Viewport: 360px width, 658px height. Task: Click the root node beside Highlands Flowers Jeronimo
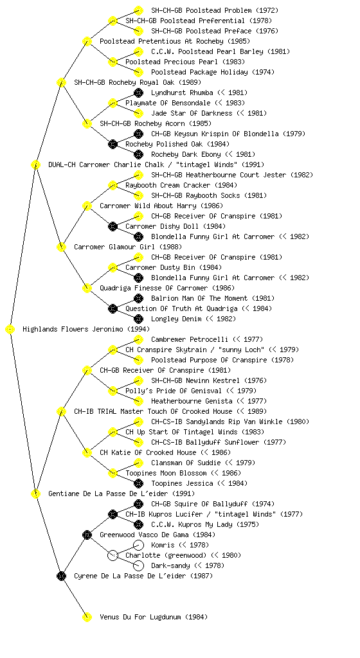(x=10, y=330)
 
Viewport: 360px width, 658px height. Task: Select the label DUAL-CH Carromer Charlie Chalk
(x=106, y=164)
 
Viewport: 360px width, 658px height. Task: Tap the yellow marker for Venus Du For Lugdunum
(x=87, y=617)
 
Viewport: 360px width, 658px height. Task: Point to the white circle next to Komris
(x=138, y=545)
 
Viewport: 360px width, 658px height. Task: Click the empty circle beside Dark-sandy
(x=138, y=565)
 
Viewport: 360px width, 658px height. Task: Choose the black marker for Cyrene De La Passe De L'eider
(x=61, y=576)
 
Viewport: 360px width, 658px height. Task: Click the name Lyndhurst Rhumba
(x=182, y=93)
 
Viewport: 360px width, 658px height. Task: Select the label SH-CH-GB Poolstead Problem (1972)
(x=215, y=10)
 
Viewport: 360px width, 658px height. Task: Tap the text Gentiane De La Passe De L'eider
(x=108, y=493)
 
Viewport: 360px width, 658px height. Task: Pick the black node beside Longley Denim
(x=138, y=319)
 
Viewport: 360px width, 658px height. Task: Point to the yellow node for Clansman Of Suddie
(x=138, y=463)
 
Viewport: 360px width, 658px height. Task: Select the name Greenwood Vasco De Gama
(x=145, y=535)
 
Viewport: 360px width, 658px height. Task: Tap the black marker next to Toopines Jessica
(x=138, y=483)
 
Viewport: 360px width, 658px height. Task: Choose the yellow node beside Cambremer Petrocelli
(x=138, y=339)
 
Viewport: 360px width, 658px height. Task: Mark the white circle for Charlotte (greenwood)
(x=113, y=555)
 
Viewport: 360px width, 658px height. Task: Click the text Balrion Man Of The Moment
(x=200, y=298)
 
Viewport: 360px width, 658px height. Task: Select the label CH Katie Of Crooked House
(x=148, y=452)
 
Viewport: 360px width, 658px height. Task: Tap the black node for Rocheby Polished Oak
(x=113, y=144)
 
